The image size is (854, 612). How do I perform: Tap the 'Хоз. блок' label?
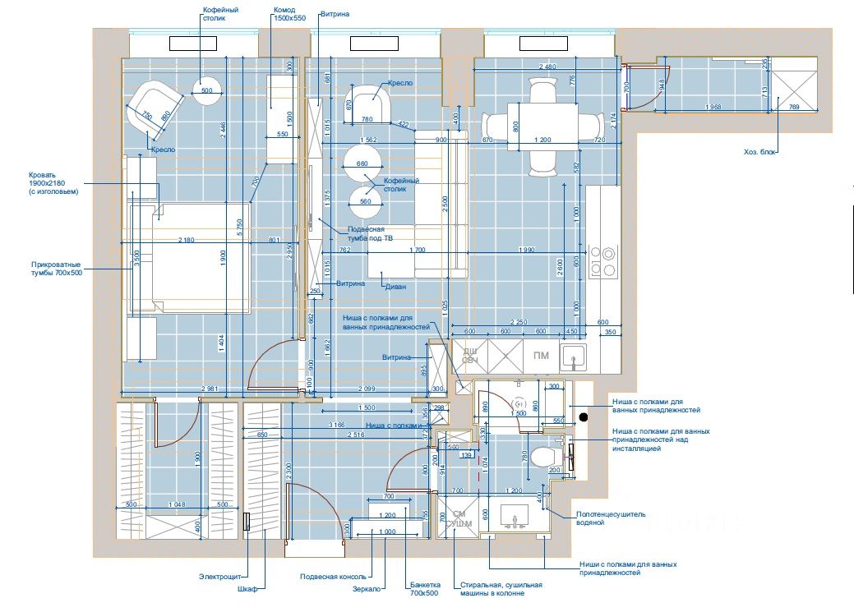(759, 151)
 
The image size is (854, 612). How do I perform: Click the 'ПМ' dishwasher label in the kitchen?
(541, 355)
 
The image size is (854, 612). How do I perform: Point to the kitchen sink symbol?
(574, 356)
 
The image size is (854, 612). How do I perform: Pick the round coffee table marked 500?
(206, 90)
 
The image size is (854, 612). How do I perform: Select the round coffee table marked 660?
(362, 163)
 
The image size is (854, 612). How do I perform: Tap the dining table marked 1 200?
(542, 126)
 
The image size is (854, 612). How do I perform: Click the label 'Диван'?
(395, 287)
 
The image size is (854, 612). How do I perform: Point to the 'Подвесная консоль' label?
(332, 576)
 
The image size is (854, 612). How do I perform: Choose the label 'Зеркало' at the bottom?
(367, 588)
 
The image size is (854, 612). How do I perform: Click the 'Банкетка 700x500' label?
(425, 589)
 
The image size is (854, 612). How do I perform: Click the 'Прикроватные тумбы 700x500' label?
(57, 268)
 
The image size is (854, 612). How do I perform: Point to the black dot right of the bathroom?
(583, 416)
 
